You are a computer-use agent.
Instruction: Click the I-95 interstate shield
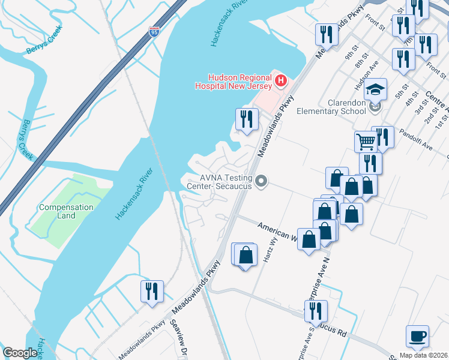[x=155, y=31]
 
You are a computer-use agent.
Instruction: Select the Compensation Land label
[x=66, y=211]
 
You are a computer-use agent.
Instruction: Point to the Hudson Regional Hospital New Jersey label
[x=233, y=81]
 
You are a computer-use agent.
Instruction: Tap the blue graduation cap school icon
[x=376, y=89]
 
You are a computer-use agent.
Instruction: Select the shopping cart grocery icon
[x=365, y=142]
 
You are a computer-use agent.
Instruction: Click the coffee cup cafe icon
[x=417, y=336]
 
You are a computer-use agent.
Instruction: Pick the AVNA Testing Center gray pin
[x=261, y=181]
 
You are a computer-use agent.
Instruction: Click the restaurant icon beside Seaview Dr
[x=152, y=292]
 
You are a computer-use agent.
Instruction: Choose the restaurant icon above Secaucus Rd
[x=315, y=311]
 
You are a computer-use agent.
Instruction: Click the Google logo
[x=20, y=353]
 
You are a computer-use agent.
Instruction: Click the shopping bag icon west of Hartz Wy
[x=246, y=256]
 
